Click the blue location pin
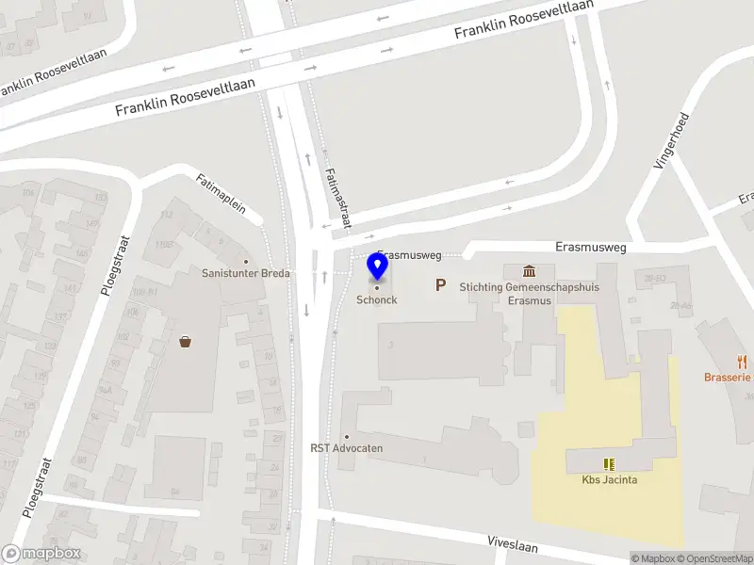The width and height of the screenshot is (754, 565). tap(377, 266)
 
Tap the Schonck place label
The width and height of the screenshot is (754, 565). tap(376, 300)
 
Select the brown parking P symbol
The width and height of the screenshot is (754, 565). tap(440, 284)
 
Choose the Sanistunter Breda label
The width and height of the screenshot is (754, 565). tap(247, 273)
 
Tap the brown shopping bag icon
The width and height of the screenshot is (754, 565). tap(186, 342)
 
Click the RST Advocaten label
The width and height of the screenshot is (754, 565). tap(347, 448)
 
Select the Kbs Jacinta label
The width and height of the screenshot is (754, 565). tap(609, 479)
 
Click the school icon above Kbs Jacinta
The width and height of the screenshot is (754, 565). tap(609, 463)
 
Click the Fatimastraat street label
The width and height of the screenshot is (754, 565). tap(336, 198)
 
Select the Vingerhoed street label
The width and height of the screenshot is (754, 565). tap(672, 141)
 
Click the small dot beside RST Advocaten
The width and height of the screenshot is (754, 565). tap(347, 437)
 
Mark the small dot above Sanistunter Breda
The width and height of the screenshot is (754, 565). tap(247, 262)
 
